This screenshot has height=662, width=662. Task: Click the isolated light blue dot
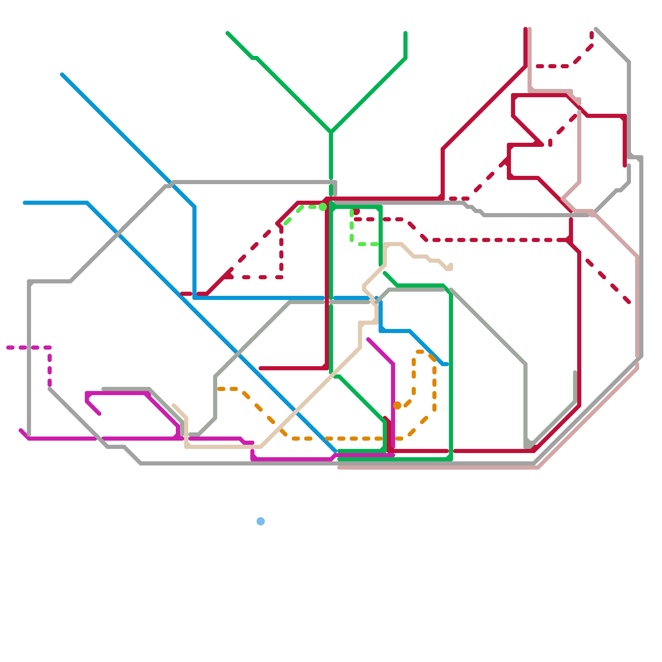pyautogui.click(x=260, y=521)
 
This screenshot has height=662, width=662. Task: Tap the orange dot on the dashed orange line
pyautogui.click(x=397, y=405)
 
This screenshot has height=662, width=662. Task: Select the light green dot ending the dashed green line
pyautogui.click(x=323, y=207)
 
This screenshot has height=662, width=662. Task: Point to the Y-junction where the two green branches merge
pyautogui.click(x=331, y=132)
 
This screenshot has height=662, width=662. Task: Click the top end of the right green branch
pyautogui.click(x=405, y=33)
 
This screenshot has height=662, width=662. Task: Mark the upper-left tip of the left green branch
pyautogui.click(x=228, y=33)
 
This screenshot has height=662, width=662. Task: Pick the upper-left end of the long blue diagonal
pyautogui.click(x=62, y=75)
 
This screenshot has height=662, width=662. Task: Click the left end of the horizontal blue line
pyautogui.click(x=25, y=203)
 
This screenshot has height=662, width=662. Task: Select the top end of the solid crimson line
pyautogui.click(x=525, y=29)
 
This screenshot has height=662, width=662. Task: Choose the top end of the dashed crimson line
pyautogui.click(x=592, y=33)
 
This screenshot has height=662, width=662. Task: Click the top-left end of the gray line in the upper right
pyautogui.click(x=596, y=29)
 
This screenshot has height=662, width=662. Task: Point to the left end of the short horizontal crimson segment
pyautogui.click(x=261, y=368)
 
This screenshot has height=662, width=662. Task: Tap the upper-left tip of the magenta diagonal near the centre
pyautogui.click(x=368, y=340)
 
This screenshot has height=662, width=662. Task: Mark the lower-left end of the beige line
pyautogui.click(x=174, y=405)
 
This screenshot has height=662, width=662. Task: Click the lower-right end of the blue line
pyautogui.click(x=447, y=364)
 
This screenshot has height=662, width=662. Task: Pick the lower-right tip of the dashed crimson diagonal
pyautogui.click(x=629, y=302)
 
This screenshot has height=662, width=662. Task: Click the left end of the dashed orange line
pyautogui.click(x=218, y=389)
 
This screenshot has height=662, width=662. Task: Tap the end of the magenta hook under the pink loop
pyautogui.click(x=99, y=414)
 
